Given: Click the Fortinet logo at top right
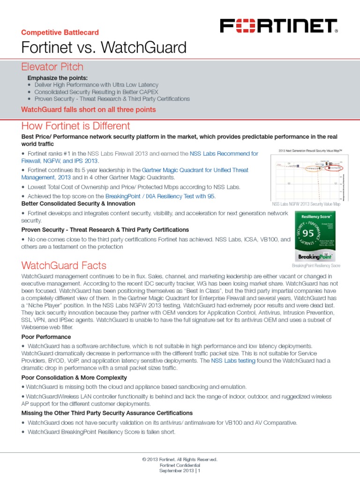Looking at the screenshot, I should [279, 26].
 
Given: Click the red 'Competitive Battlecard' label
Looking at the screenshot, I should [60, 32].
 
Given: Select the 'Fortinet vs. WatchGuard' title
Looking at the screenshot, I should [104, 47].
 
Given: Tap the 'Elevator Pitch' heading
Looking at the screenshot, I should [52, 67].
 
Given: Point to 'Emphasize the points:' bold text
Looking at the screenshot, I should [58, 77].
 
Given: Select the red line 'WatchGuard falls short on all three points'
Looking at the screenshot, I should [89, 110].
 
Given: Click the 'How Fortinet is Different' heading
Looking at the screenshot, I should [75, 126].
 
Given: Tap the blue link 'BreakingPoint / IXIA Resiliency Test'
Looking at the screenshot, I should [152, 196].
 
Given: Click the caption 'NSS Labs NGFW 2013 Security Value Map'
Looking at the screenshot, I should [306, 204].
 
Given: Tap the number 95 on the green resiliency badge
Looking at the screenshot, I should [307, 233].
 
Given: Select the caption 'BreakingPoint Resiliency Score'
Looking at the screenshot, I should [316, 266].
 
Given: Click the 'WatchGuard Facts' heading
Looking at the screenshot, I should [64, 265].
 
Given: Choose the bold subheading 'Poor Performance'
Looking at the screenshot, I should [46, 337].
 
